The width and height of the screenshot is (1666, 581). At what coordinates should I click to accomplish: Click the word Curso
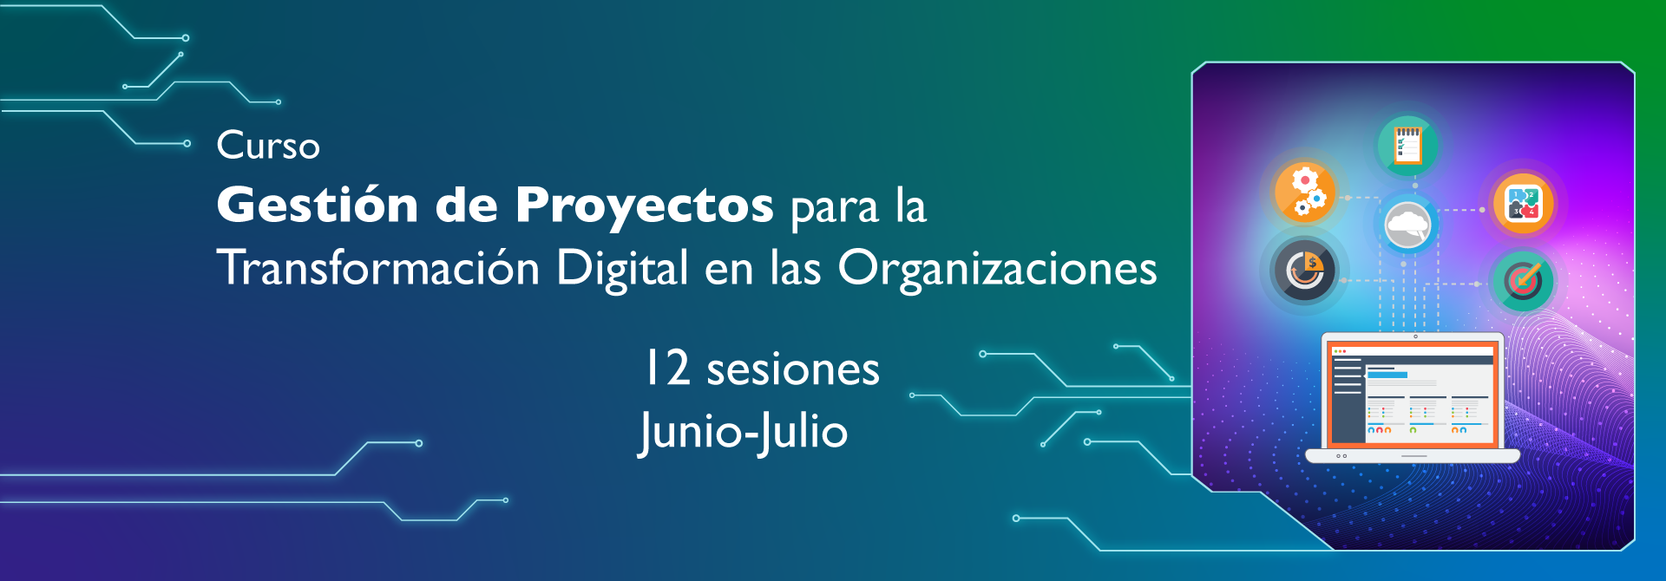tap(268, 146)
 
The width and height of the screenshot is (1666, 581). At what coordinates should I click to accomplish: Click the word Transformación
tap(378, 267)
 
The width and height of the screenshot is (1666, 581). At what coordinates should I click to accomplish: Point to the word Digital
tap(622, 269)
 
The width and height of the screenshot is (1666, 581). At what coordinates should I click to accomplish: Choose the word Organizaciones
tap(997, 269)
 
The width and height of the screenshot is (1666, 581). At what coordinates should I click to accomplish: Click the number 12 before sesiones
tap(667, 368)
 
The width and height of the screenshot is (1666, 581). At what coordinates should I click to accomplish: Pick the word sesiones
tap(793, 370)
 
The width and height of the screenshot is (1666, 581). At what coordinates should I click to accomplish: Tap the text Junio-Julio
tap(744, 431)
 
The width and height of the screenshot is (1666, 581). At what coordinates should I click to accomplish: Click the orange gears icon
tap(1304, 192)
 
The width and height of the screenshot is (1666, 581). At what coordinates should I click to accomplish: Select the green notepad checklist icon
tap(1407, 145)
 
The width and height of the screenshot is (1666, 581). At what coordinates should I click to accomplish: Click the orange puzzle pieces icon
tap(1524, 204)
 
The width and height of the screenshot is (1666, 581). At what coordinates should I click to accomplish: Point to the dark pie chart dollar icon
tap(1304, 271)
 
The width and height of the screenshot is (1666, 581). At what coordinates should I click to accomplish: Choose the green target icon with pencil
tap(1523, 281)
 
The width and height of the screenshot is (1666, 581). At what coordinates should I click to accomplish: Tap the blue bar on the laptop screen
tap(1387, 375)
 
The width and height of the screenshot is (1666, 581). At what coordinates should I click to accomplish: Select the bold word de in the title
tap(467, 205)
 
